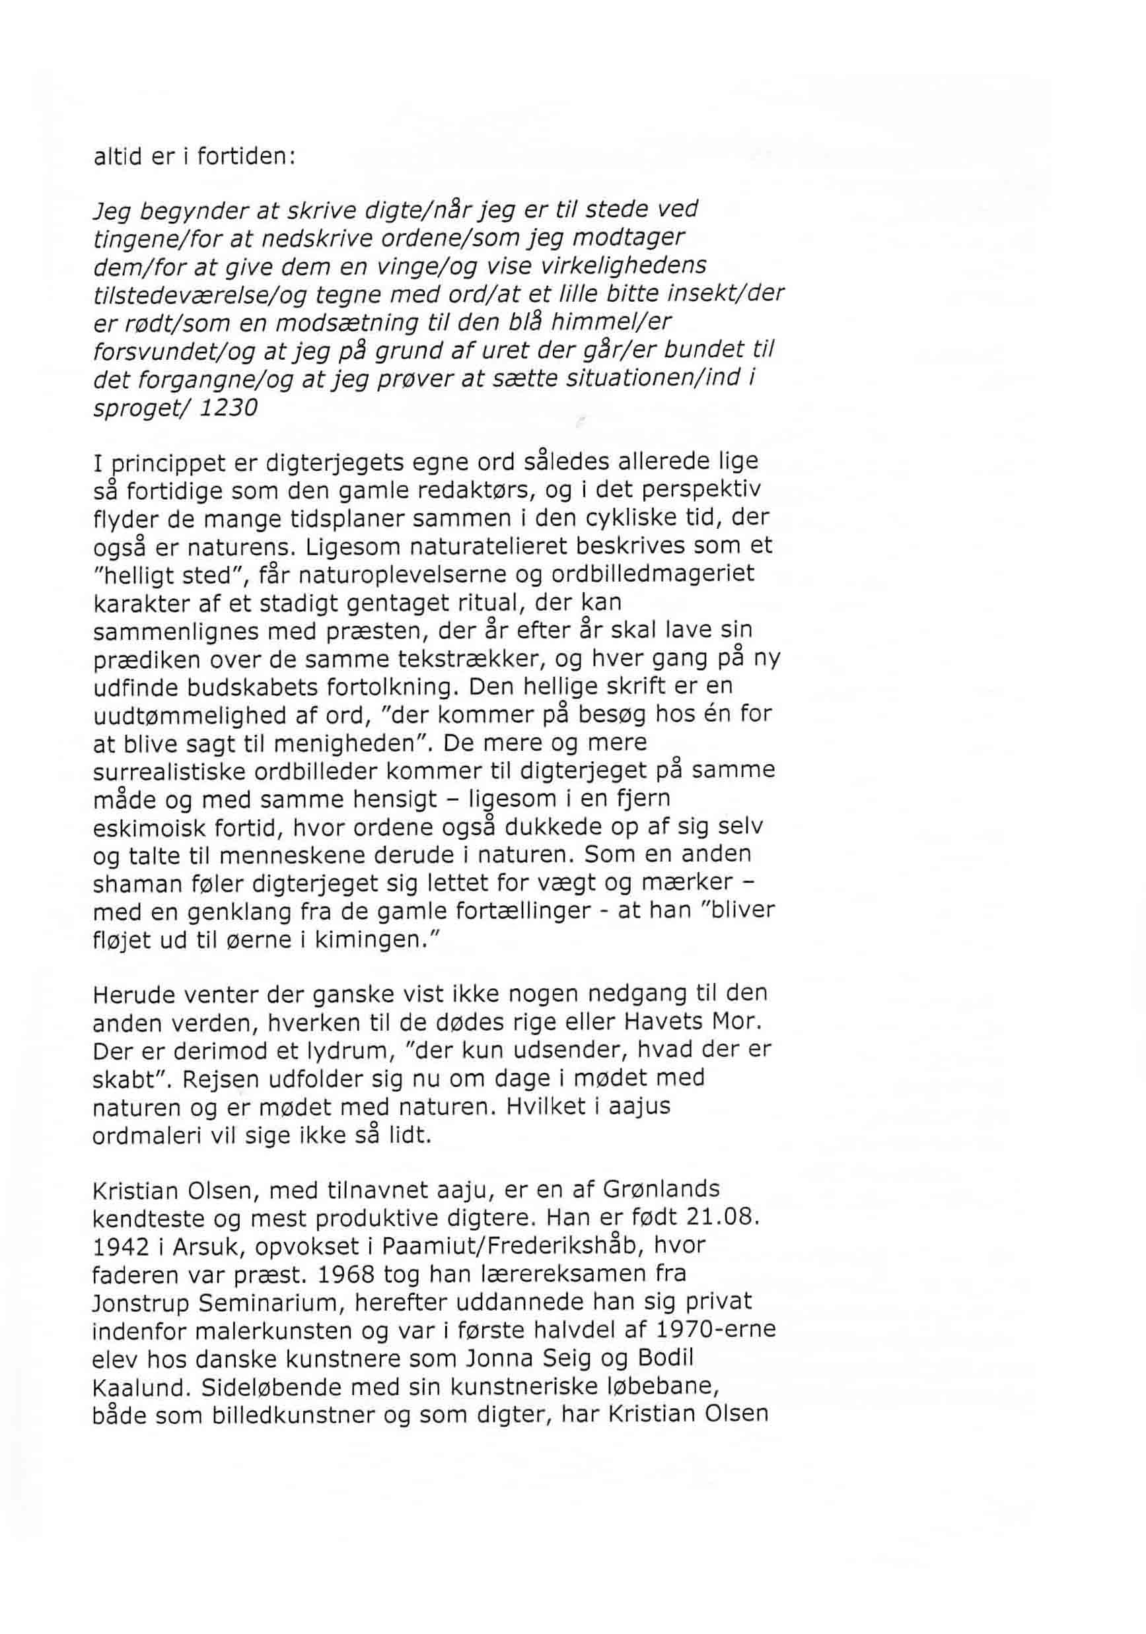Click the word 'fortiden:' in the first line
click(x=245, y=156)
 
